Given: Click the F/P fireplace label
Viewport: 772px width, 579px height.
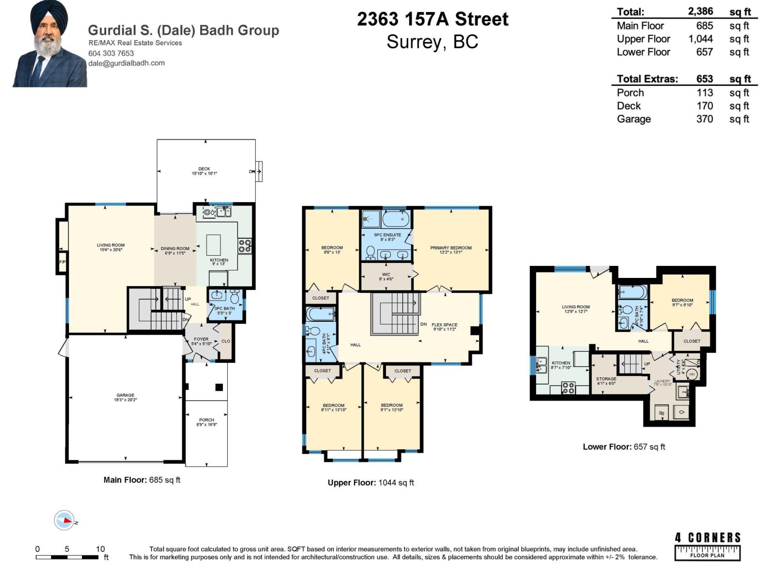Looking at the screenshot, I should tap(62, 262).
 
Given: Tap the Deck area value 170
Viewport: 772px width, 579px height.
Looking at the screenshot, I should tap(704, 106).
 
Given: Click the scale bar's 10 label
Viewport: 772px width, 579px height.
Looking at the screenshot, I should tap(100, 549).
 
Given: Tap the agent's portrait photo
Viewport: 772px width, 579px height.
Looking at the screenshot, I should tap(49, 44).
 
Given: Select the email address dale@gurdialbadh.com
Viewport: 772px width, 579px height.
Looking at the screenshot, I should tap(126, 63).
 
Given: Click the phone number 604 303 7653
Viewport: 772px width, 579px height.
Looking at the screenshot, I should tap(111, 53).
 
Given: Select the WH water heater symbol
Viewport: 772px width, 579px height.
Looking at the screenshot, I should tap(691, 374).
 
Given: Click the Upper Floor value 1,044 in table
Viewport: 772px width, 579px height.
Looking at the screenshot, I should tap(700, 39).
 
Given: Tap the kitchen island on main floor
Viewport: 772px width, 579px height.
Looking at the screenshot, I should tap(213, 245).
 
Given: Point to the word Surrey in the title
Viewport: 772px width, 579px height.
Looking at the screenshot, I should tap(414, 42).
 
